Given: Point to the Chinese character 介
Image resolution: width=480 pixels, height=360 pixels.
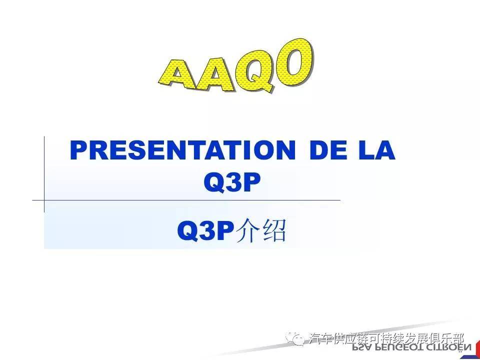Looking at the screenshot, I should click(x=248, y=231).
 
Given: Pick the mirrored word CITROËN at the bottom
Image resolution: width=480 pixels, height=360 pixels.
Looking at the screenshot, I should click(x=447, y=347).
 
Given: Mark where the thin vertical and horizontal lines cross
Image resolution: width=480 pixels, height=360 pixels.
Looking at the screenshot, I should click(x=44, y=200).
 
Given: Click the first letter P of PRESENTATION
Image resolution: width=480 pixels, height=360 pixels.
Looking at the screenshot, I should click(x=78, y=150).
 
